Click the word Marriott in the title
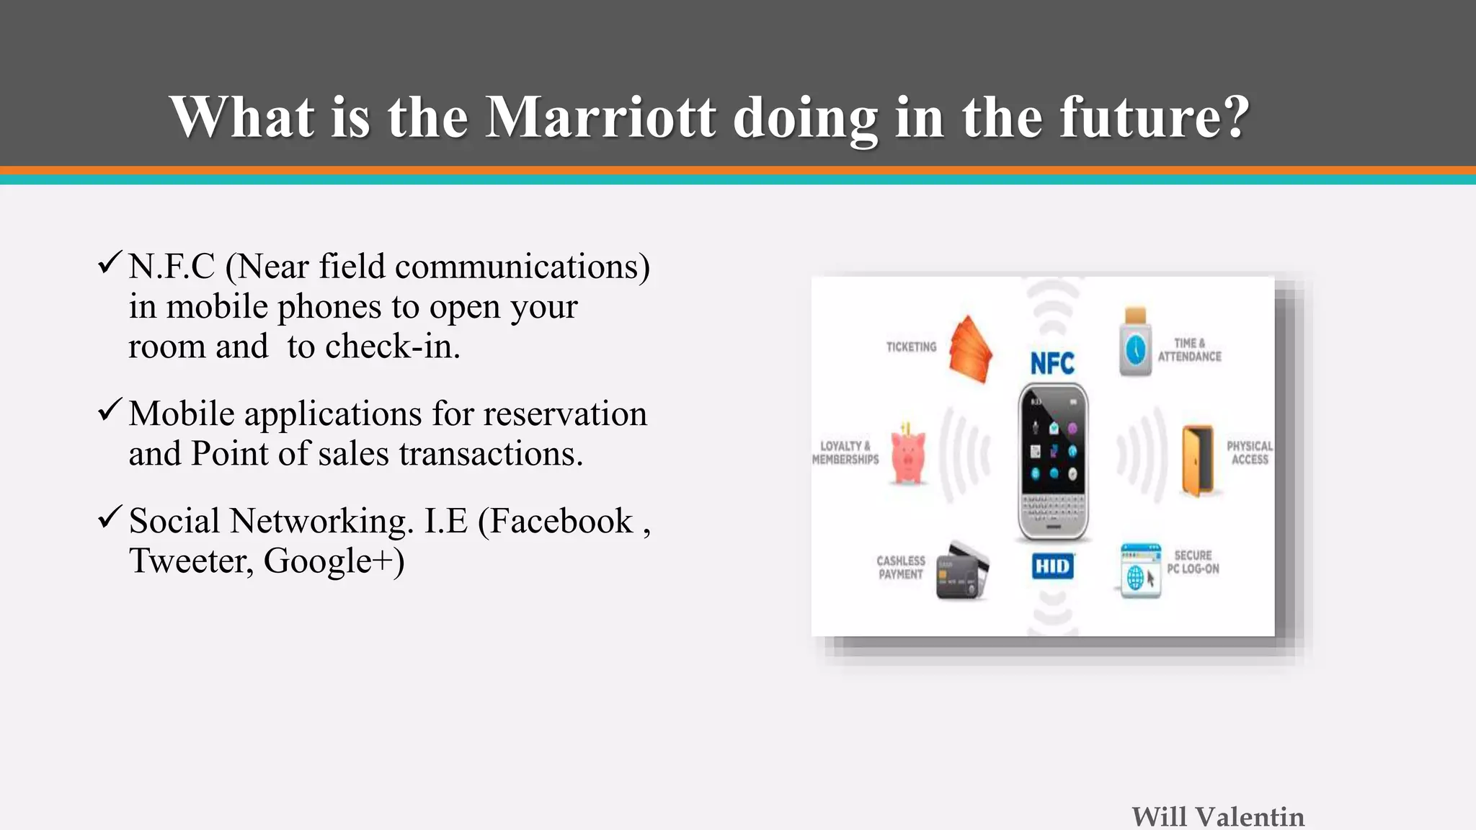[x=600, y=117]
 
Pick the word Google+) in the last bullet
[x=334, y=561]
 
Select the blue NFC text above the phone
[x=1052, y=363]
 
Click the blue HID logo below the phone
[x=1052, y=566]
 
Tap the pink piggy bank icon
[x=908, y=456]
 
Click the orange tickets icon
[x=970, y=349]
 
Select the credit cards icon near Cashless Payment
[x=962, y=571]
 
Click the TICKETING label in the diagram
[x=911, y=347]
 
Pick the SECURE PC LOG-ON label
[x=1193, y=562]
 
